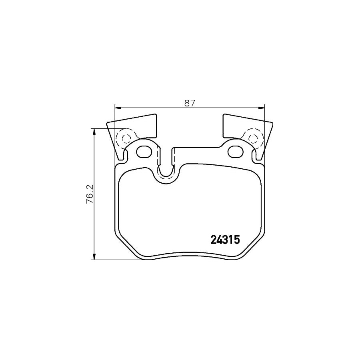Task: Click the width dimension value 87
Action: click(x=189, y=103)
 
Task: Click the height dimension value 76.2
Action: click(x=90, y=194)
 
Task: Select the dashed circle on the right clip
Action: click(x=253, y=138)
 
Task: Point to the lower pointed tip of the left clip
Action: click(x=118, y=157)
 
